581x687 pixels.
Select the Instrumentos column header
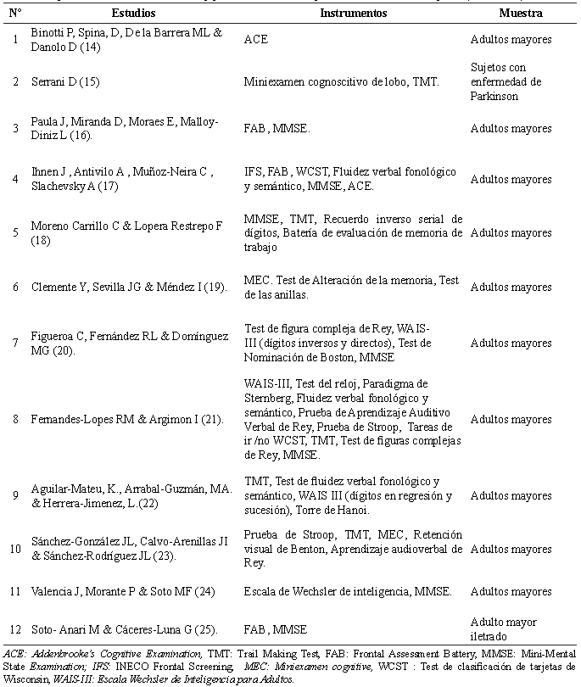(354, 14)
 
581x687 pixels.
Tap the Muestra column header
(522, 14)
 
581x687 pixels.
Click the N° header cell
(16, 14)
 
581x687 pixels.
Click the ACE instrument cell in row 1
(256, 39)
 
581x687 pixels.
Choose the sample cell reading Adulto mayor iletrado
(504, 628)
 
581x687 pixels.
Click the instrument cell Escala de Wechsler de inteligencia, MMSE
(348, 591)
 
